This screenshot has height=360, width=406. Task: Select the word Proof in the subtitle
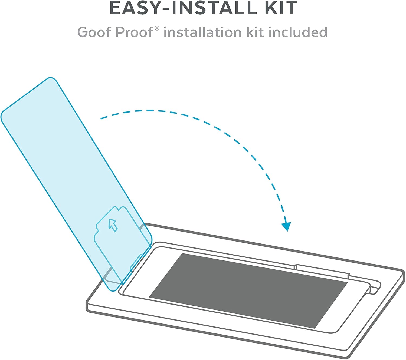tap(134, 32)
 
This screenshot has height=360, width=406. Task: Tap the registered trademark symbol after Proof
tap(157, 28)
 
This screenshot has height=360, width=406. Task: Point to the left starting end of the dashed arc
tap(102, 118)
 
